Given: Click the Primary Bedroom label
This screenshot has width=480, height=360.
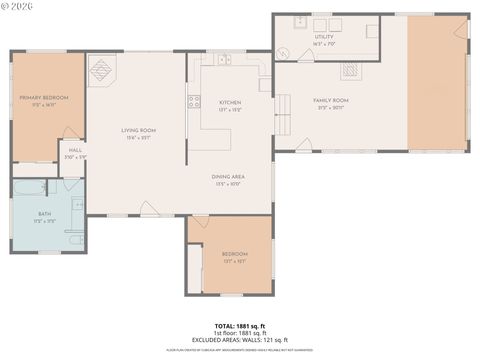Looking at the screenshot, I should (x=44, y=98).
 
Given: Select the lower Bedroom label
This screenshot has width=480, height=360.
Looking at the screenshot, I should (x=234, y=255).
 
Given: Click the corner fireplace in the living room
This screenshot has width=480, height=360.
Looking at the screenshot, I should (x=101, y=69).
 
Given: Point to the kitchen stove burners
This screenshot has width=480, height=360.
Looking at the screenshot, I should (x=193, y=99).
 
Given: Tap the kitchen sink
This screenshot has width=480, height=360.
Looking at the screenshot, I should (x=225, y=60).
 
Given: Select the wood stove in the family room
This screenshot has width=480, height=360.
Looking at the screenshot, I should (x=350, y=70).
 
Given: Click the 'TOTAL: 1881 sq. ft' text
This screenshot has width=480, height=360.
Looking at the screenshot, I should (x=240, y=326).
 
